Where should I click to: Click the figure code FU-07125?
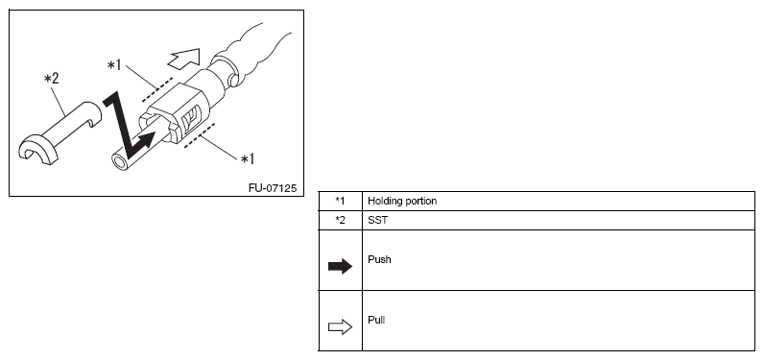tap(273, 188)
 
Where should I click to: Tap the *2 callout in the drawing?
tap(52, 79)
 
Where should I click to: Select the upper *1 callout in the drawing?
tap(114, 64)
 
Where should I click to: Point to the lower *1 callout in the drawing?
tap(248, 158)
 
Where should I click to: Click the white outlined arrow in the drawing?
tap(184, 58)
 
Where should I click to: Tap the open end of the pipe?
tap(119, 161)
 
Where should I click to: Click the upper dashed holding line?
tap(156, 89)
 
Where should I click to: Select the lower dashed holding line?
tap(200, 135)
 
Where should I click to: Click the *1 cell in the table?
tap(340, 201)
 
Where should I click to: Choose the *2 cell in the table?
tap(340, 220)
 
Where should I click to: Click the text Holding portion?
tap(402, 201)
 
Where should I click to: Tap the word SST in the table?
tap(377, 220)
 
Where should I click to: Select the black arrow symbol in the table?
tap(340, 267)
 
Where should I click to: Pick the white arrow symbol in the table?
tap(340, 326)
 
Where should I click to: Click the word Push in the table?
tap(379, 259)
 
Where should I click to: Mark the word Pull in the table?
tap(376, 320)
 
